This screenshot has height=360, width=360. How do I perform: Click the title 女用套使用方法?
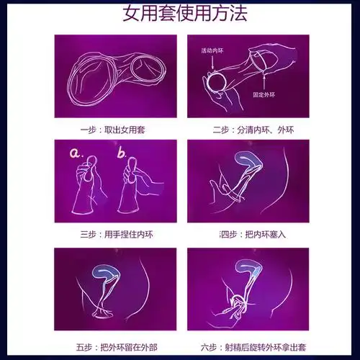(x=180, y=14)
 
